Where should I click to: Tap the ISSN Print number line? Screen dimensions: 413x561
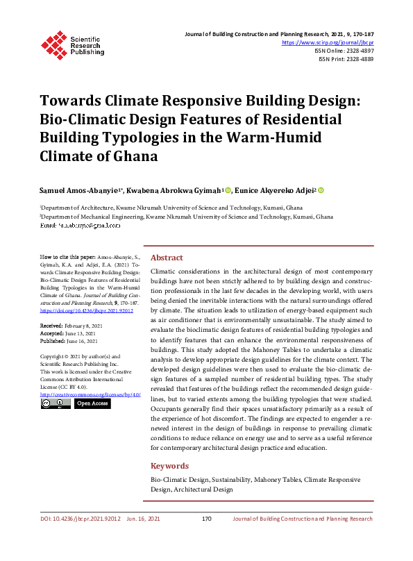tap(346, 59)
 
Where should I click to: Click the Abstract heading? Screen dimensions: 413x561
tap(167, 257)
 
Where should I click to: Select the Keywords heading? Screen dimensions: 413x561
tap(169, 466)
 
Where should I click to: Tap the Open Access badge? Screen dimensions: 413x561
tap(92, 403)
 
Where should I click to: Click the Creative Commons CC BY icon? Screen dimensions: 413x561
tap(56, 403)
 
